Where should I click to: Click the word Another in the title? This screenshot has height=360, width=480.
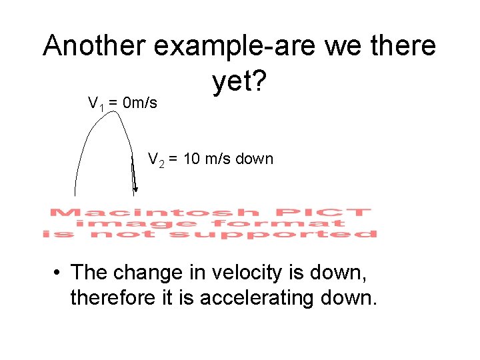(94, 46)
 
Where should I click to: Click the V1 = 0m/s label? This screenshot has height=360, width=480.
(123, 103)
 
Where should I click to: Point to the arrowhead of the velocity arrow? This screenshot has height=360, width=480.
(135, 190)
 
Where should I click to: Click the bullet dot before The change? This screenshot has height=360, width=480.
(59, 273)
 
